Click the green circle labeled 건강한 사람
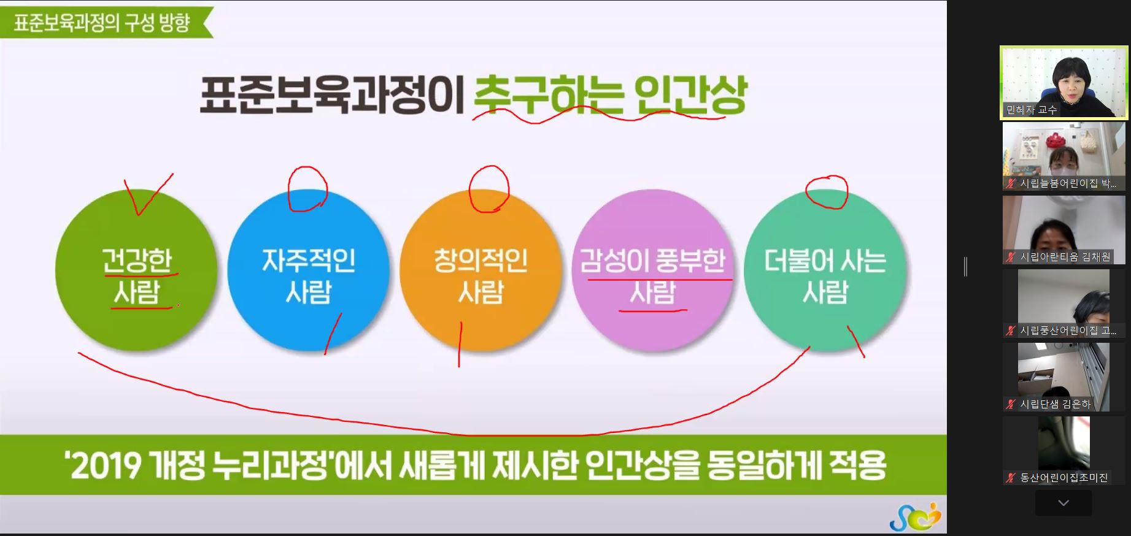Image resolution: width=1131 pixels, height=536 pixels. tap(136, 270)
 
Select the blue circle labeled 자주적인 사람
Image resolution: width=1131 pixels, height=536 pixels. tap(309, 270)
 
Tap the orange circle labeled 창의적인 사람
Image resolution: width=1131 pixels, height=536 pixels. tap(481, 270)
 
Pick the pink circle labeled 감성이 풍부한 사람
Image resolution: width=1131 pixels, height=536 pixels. tap(653, 270)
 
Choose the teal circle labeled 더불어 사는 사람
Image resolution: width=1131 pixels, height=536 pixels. tap(825, 270)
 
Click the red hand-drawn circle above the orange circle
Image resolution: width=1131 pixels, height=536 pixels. tap(489, 189)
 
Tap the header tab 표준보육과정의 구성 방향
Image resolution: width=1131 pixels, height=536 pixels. tap(102, 23)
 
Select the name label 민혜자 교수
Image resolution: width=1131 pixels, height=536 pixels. tap(1032, 110)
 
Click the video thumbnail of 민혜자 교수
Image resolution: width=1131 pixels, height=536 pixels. tap(1064, 83)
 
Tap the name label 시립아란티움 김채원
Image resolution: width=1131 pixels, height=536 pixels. tap(1065, 257)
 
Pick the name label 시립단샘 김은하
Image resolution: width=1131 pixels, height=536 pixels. tap(1056, 404)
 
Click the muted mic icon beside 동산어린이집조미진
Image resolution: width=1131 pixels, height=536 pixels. tap(1011, 478)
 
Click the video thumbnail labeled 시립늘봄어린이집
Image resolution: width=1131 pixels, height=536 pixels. tap(1064, 156)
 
